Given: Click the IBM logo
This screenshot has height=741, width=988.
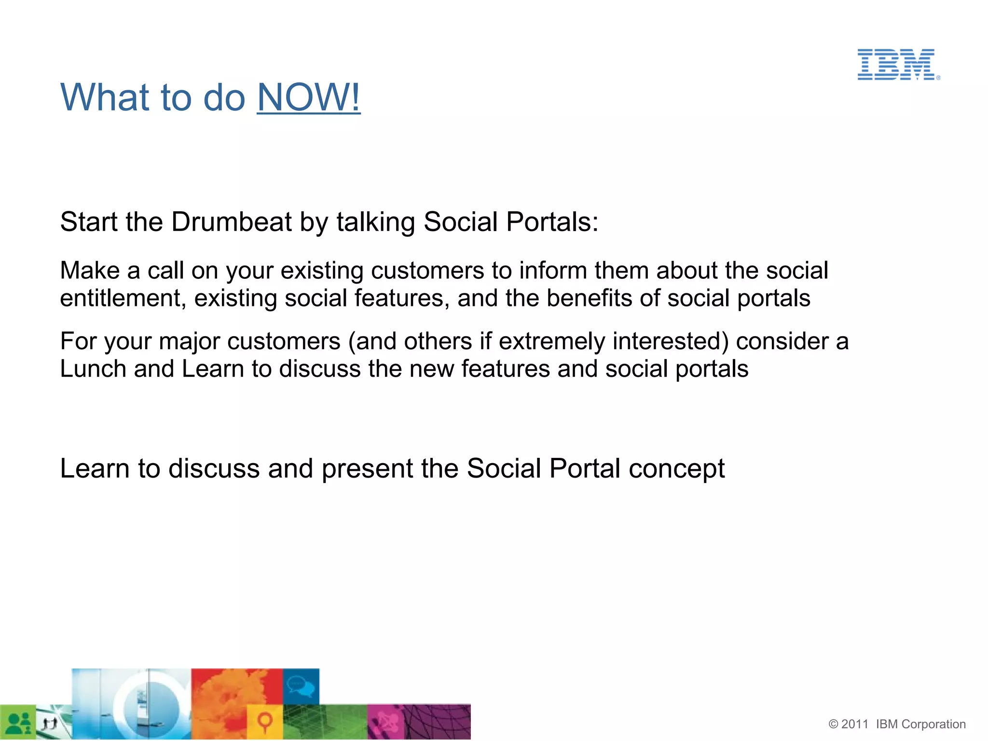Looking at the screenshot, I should point(898,64).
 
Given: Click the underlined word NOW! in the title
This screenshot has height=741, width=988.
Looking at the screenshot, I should point(308,97).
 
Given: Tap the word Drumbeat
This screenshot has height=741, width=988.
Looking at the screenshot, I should point(231,222).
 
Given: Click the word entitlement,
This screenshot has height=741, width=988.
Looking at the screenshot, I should point(123,298).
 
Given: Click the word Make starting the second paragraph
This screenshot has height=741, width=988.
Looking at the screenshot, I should point(90,270).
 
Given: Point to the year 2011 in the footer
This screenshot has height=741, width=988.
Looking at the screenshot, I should point(854,725).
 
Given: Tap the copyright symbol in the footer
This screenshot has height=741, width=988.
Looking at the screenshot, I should point(833,725).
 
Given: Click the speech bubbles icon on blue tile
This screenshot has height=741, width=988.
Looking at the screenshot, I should point(301,686).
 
